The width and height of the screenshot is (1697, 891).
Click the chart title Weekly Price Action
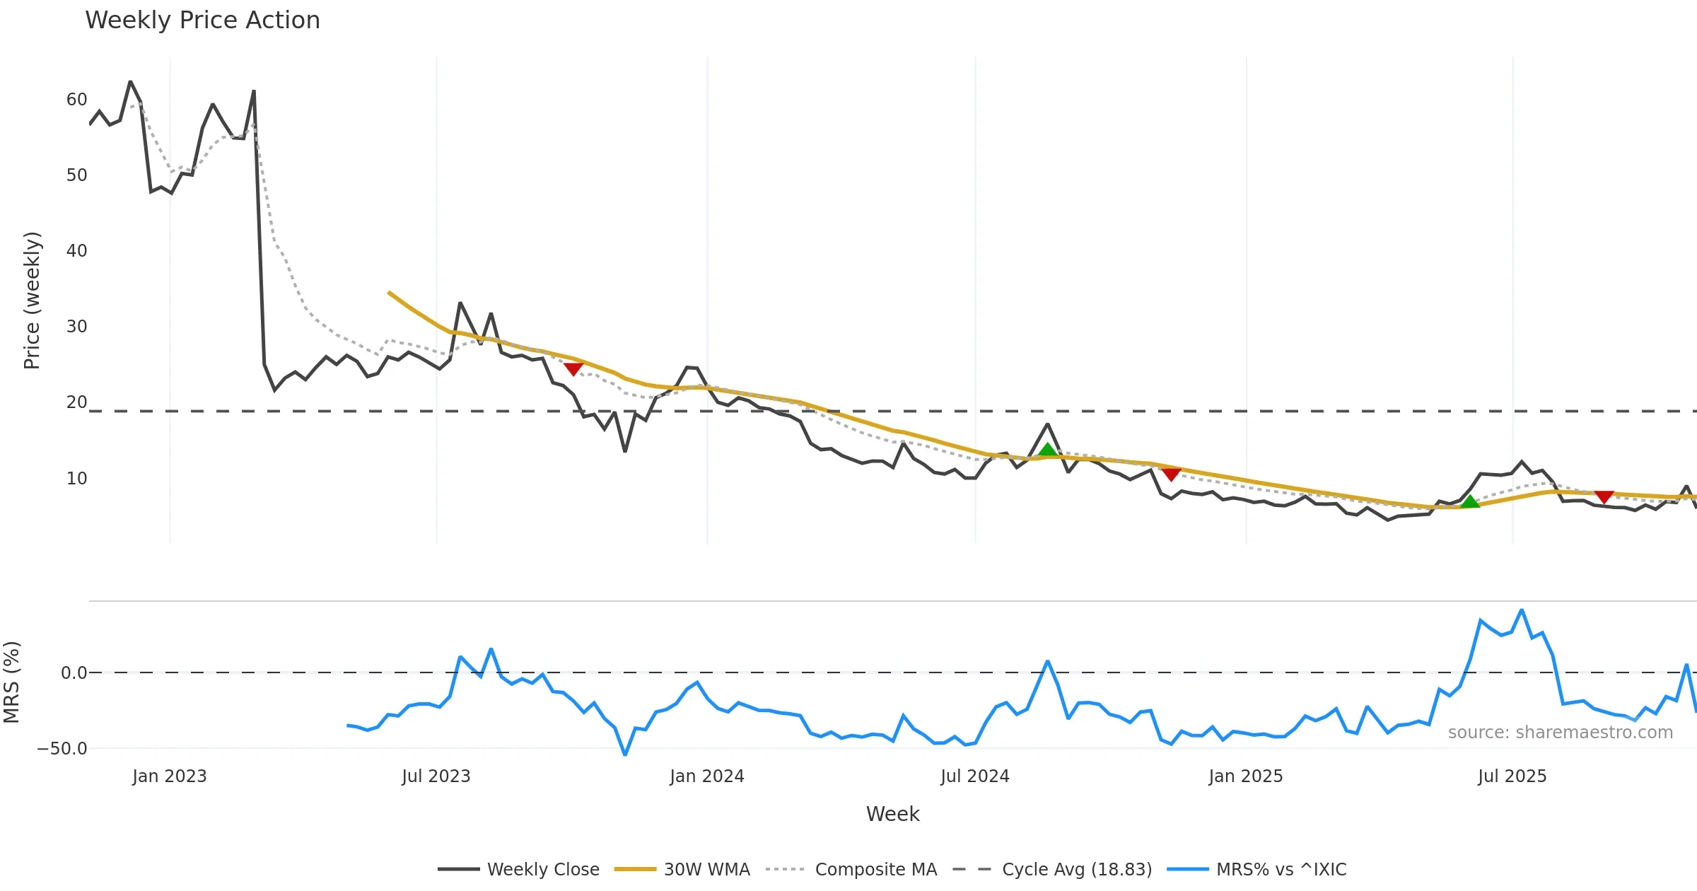(202, 21)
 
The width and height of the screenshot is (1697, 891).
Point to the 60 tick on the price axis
(76, 100)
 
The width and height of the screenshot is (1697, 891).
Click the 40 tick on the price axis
(76, 251)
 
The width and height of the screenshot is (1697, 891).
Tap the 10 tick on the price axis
(76, 479)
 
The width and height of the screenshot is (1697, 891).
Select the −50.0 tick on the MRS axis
(62, 749)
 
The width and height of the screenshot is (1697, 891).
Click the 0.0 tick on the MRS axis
(74, 673)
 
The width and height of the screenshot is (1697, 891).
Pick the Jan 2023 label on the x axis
(169, 776)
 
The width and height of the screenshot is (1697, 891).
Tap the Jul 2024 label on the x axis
(974, 776)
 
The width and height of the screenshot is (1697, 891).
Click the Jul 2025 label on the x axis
(1512, 776)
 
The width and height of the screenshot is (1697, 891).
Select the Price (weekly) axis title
(33, 301)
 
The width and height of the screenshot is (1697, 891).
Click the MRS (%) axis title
(11, 682)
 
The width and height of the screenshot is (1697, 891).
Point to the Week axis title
(892, 815)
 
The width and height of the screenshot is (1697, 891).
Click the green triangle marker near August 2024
(1047, 450)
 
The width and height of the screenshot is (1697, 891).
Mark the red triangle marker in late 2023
(573, 368)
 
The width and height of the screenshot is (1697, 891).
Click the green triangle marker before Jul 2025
(1470, 501)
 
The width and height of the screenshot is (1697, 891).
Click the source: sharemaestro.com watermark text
(1560, 733)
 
